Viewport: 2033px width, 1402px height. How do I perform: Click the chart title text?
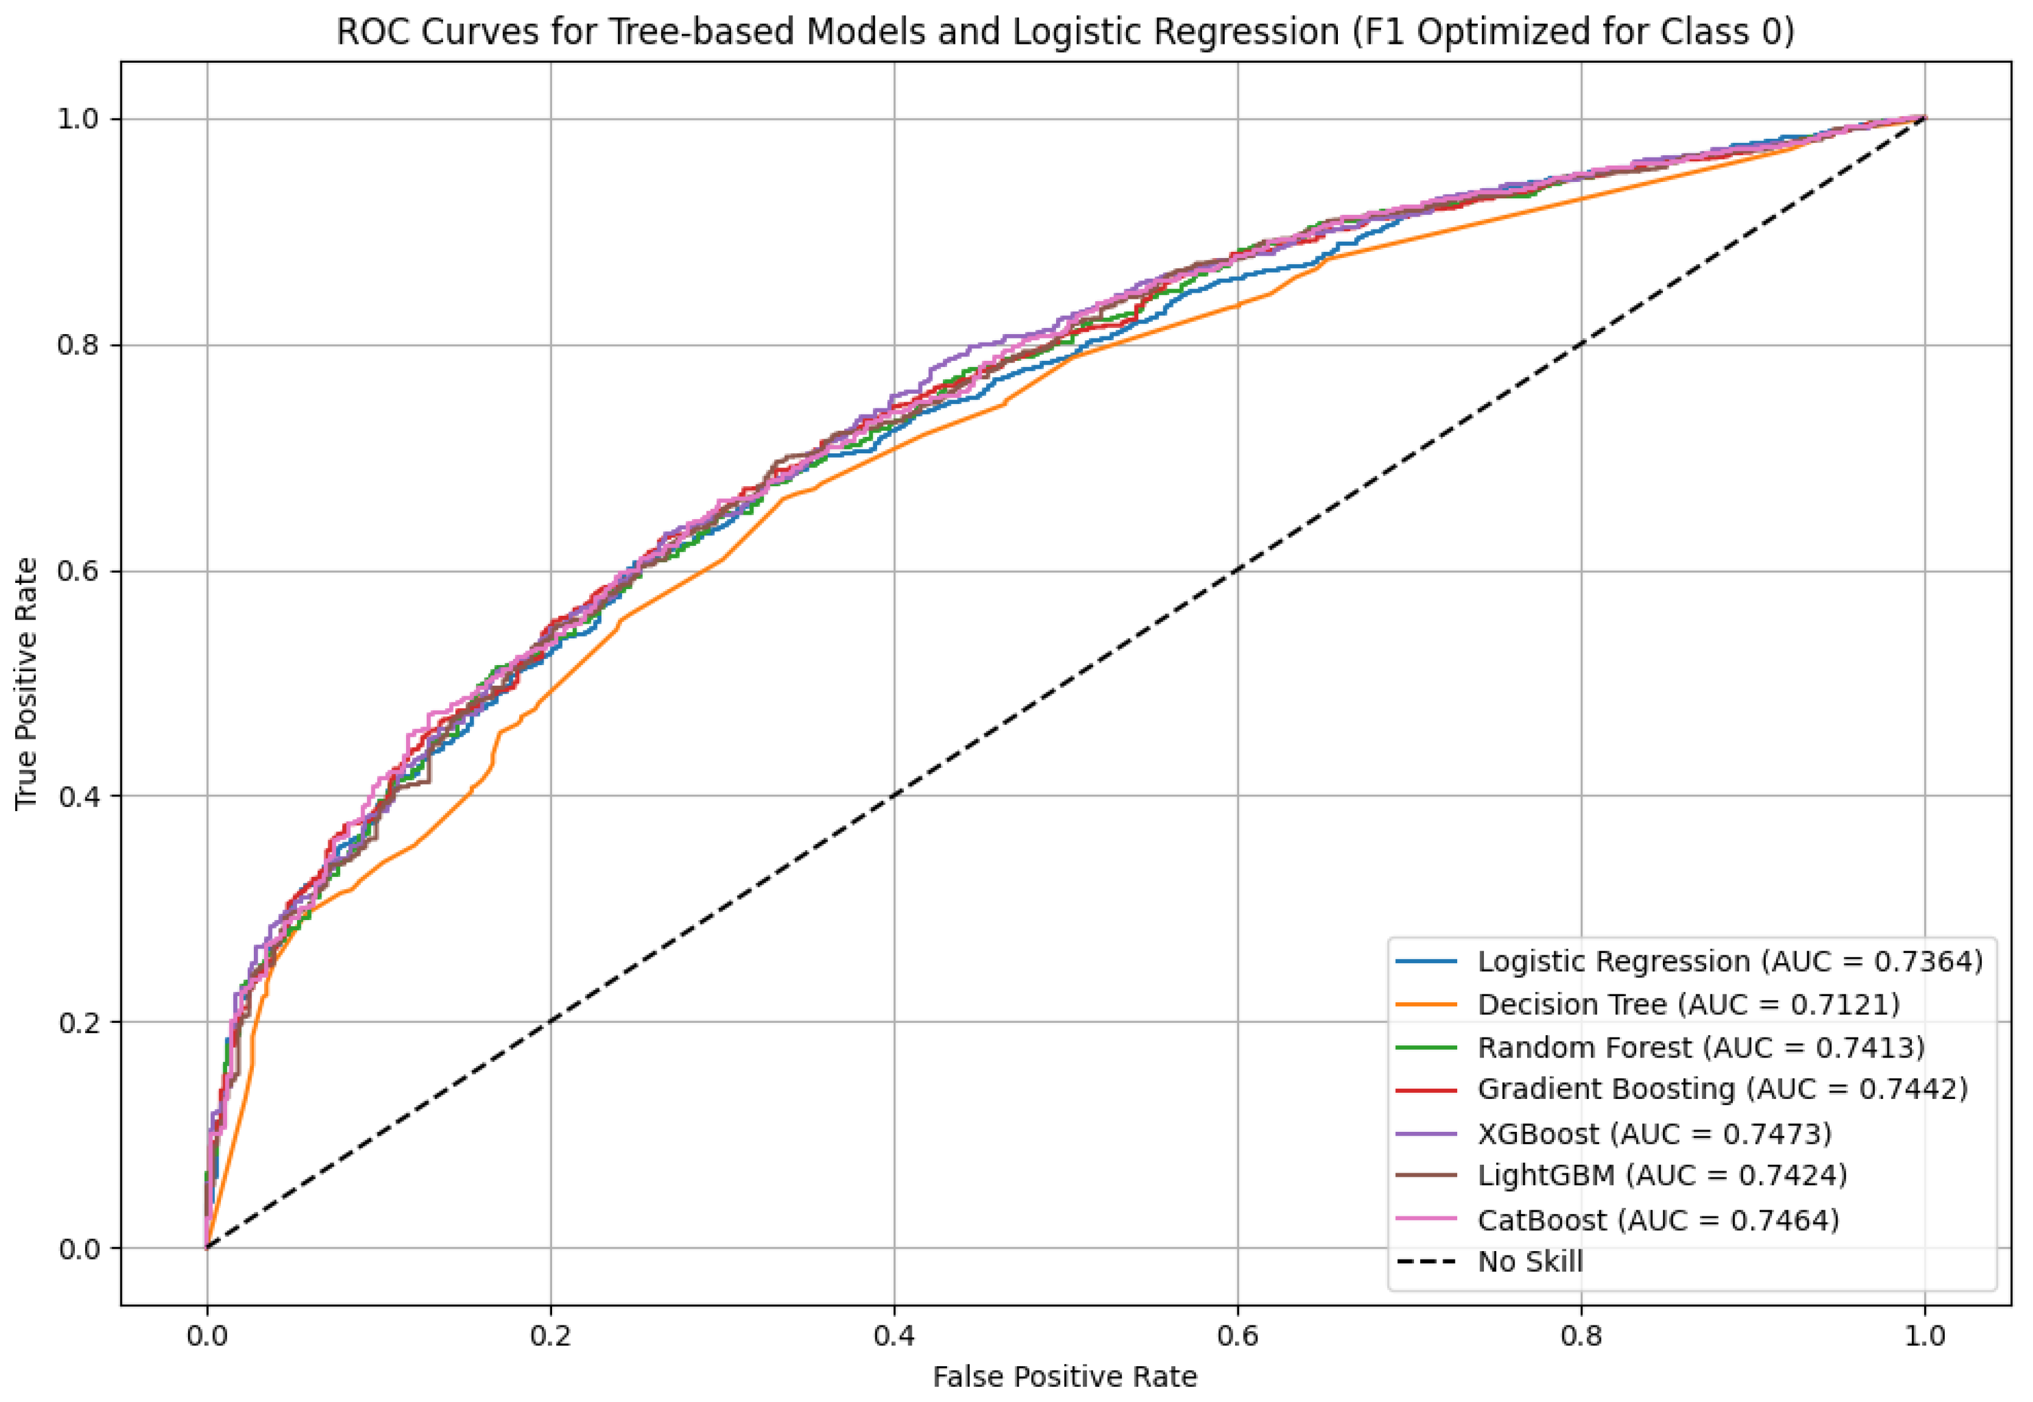(1065, 32)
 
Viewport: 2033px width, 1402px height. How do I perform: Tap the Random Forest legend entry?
(1700, 1047)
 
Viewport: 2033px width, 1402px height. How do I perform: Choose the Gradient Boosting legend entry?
(1722, 1089)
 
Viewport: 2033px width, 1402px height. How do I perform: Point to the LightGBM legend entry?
(1661, 1176)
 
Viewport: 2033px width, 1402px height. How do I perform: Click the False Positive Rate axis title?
(1065, 1376)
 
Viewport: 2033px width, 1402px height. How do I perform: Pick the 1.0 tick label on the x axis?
(1924, 1336)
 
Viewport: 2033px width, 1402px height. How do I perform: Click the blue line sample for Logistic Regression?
(1426, 961)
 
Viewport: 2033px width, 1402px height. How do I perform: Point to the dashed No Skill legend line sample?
(1426, 1261)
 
